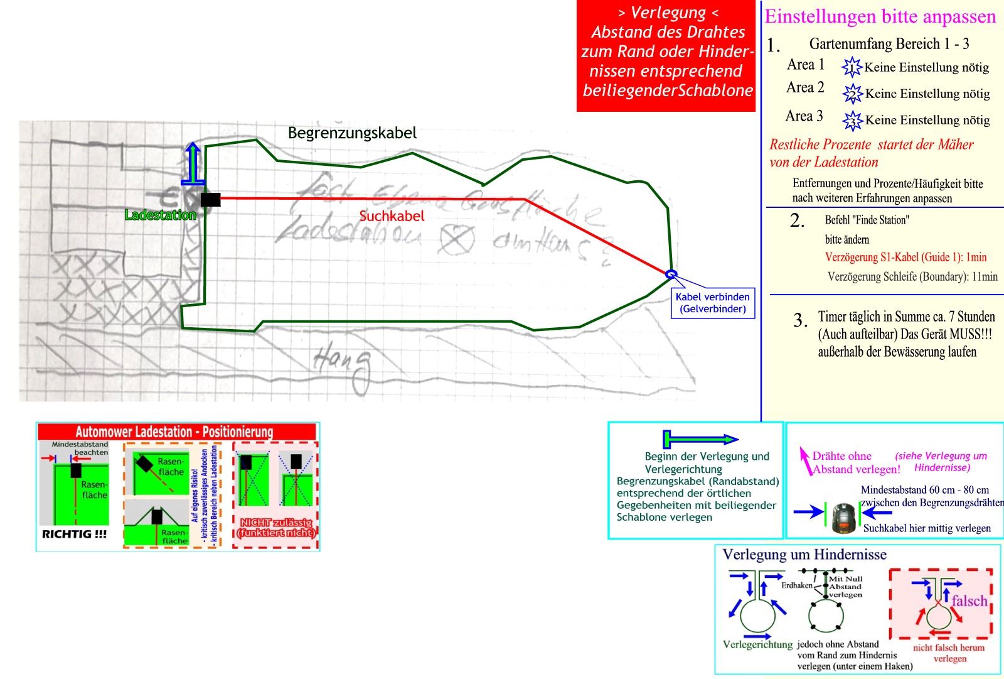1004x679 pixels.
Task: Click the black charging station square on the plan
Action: tap(211, 200)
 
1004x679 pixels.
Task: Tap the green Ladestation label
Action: tap(161, 215)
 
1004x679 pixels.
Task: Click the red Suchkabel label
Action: tap(392, 216)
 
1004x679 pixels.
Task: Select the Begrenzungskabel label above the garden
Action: tap(352, 133)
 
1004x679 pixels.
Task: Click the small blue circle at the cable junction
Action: tap(671, 274)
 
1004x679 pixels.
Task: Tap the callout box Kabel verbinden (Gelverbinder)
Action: tap(713, 303)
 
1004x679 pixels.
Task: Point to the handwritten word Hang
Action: tap(343, 364)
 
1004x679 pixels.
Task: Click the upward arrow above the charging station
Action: tap(193, 163)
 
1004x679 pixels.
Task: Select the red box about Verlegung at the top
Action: tap(666, 57)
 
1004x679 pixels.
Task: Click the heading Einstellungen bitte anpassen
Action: tap(880, 16)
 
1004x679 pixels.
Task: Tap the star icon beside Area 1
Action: tap(852, 67)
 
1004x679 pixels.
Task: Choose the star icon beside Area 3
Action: tap(852, 120)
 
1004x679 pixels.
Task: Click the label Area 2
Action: tap(805, 88)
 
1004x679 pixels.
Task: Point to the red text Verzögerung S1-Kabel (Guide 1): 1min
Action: tap(905, 257)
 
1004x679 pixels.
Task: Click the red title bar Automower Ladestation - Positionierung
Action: tap(176, 432)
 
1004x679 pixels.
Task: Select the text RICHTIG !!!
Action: tap(74, 535)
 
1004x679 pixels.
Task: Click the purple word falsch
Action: tap(969, 601)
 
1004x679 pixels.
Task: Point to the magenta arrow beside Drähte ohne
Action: tap(804, 460)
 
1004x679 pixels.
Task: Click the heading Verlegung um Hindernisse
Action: tap(804, 555)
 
